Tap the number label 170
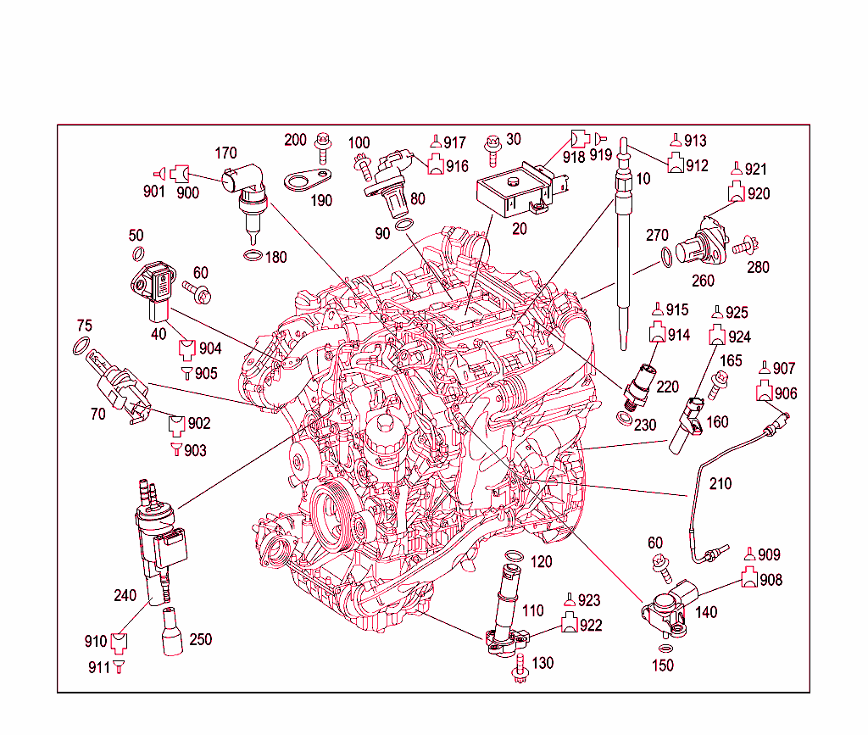(225, 153)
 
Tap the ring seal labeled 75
(81, 346)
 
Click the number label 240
(125, 596)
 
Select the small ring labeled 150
(664, 648)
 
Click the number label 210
(721, 484)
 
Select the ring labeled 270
(667, 254)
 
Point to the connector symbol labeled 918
(577, 137)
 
